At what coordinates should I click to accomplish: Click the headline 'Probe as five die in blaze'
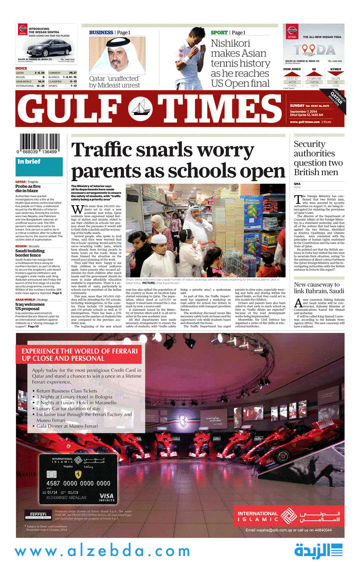[29, 189]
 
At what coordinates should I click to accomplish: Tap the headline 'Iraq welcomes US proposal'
[30, 306]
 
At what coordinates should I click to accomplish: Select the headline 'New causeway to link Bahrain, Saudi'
[318, 288]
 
